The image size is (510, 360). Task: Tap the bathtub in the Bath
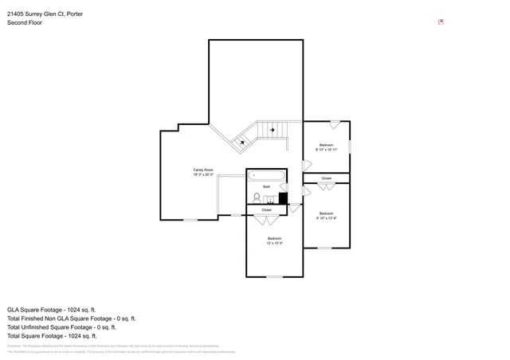[x=266, y=175]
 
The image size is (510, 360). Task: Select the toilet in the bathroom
[x=257, y=198]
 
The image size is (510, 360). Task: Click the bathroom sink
[x=270, y=199]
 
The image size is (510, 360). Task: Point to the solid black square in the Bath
[x=283, y=199]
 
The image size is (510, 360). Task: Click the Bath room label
[x=267, y=187]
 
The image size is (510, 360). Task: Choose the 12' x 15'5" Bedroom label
[x=274, y=241]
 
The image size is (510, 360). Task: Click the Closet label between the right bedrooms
[x=327, y=178]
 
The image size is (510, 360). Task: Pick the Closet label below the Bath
[x=266, y=210]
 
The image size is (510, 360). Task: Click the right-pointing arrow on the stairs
[x=273, y=129]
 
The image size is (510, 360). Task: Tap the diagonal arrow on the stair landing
[x=242, y=142]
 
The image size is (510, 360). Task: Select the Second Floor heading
[x=25, y=23]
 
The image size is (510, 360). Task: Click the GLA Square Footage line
[x=52, y=309]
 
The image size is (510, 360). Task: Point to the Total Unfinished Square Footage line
[x=61, y=327]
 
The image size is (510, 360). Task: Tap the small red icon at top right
[x=441, y=22]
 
